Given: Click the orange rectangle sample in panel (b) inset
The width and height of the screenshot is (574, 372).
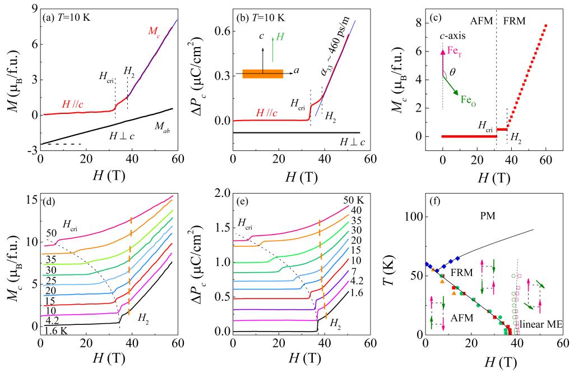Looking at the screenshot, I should tap(262, 74).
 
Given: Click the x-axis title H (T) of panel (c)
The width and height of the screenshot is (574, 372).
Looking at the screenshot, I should tap(494, 179).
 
